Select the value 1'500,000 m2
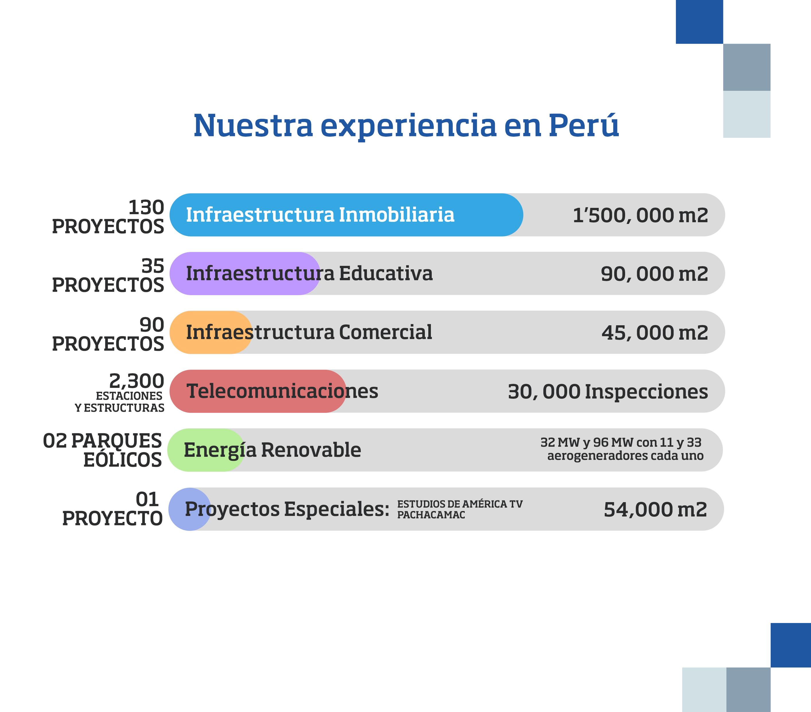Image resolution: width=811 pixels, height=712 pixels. click(x=640, y=215)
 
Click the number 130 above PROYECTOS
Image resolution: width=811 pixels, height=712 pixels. click(x=146, y=207)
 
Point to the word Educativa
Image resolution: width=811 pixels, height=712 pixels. click(x=386, y=274)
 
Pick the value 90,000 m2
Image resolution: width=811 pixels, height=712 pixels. click(x=654, y=274)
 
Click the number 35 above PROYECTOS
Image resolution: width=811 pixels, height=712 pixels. click(x=153, y=266)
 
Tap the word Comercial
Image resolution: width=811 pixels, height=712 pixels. click(x=385, y=332)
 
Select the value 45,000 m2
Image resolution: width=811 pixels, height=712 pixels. click(x=655, y=333)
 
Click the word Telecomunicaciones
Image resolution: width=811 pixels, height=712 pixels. click(x=282, y=391)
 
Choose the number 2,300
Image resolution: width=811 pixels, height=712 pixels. click(x=137, y=381)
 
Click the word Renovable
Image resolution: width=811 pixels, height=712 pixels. click(x=311, y=450)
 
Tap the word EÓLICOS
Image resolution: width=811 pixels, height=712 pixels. click(x=122, y=460)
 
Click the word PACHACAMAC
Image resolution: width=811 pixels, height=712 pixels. click(x=431, y=515)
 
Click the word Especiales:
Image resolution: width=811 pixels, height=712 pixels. click(x=337, y=509)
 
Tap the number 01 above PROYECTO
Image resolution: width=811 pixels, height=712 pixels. click(x=147, y=500)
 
